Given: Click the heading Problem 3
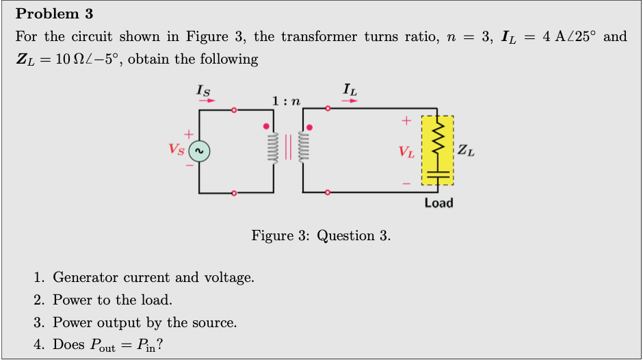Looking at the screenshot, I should pos(55,14).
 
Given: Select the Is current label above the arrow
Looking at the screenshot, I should pos(203,88).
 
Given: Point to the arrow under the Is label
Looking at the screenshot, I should pos(207,100).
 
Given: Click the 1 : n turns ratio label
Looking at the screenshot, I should pos(287,101).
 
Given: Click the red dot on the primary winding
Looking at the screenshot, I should pos(266,127).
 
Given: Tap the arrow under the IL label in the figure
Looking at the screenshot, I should pos(349,100).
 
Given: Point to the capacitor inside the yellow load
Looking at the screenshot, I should pos(438,174).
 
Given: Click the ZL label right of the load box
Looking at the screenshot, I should pos(467,151).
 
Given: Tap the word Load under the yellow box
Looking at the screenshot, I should pos(438,203).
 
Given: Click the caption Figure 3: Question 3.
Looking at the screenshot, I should pos(321,236).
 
